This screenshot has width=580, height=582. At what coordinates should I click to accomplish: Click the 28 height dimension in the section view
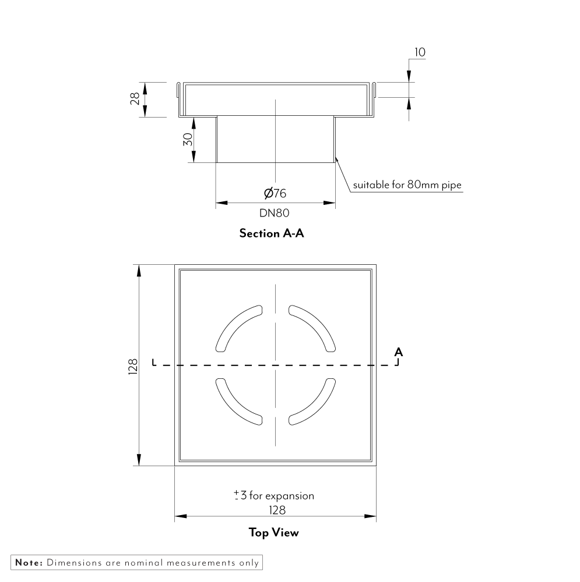tap(135, 99)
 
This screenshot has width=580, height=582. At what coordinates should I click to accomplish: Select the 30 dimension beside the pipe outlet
tap(187, 140)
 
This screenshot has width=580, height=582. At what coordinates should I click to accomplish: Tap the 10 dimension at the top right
tap(419, 52)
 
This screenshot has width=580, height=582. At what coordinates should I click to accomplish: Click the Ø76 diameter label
tap(275, 193)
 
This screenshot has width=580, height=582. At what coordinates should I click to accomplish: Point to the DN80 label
tap(275, 213)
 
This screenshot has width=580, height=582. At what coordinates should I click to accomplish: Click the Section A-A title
tap(272, 233)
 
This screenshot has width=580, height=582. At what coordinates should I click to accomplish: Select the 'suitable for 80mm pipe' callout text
tap(407, 186)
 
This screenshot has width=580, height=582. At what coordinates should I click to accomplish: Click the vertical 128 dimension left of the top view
tap(133, 365)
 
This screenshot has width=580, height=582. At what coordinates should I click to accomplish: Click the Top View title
tap(273, 532)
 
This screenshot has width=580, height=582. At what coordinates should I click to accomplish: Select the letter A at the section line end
tap(398, 352)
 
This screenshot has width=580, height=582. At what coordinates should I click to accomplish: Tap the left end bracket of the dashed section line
tap(153, 363)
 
